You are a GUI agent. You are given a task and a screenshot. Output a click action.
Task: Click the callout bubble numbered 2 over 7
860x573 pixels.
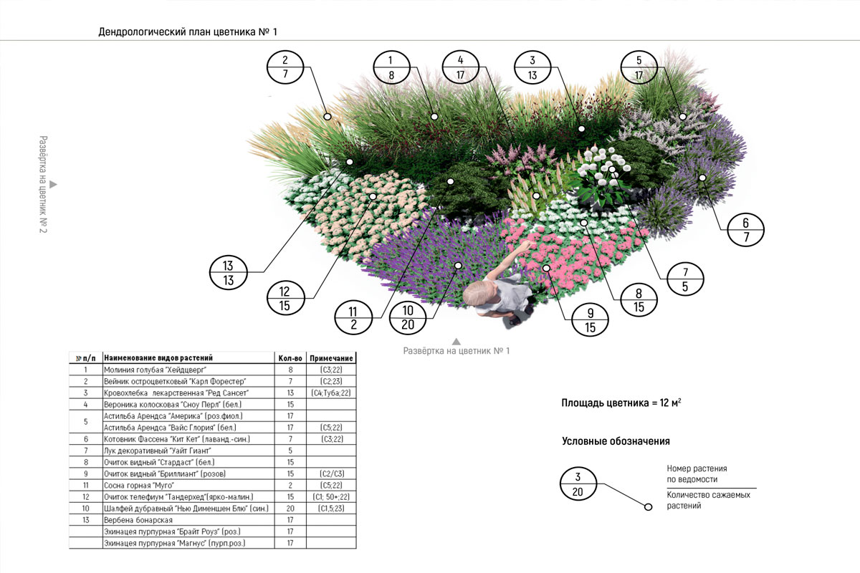click(x=285, y=67)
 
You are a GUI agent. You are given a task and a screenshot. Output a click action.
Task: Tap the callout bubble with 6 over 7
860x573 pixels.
click(x=745, y=231)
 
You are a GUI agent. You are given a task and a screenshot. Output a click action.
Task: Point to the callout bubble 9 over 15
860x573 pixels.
click(x=591, y=320)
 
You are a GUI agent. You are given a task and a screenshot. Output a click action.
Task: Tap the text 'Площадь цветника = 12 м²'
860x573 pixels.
click(x=621, y=404)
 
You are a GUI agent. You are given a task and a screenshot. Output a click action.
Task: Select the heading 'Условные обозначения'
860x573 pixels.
click(x=616, y=441)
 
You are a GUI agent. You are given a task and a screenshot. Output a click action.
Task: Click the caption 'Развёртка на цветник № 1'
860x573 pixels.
click(x=456, y=351)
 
